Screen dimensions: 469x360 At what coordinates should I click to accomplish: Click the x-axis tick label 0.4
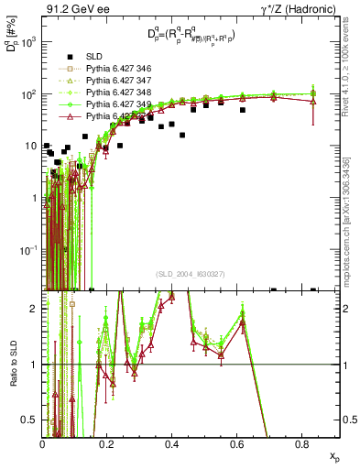click(x=171, y=444)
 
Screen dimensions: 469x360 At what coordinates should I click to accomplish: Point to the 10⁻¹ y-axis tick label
click(x=29, y=249)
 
